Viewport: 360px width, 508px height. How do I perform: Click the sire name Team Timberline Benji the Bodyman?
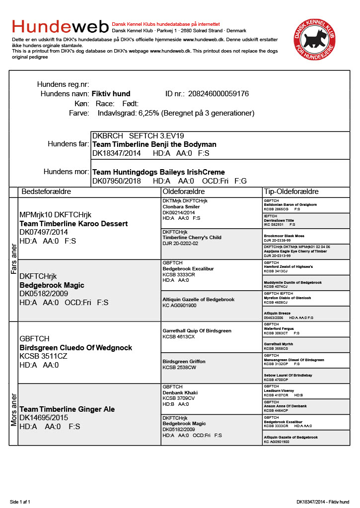tap(154, 144)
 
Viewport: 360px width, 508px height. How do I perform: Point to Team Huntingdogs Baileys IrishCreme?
tap(158, 172)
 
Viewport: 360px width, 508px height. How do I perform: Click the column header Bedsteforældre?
tap(46, 191)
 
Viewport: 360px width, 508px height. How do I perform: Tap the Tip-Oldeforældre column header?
tap(291, 191)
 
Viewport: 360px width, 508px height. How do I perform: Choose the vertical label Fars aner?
tap(13, 259)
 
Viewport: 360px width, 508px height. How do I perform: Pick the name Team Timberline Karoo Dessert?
tap(73, 224)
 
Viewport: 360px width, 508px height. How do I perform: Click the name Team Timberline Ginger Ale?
tap(67, 409)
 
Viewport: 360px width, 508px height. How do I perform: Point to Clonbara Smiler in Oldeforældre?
tap(181, 207)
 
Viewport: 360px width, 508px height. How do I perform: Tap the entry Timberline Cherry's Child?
tap(192, 238)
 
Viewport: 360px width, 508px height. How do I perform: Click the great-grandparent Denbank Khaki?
tap(180, 392)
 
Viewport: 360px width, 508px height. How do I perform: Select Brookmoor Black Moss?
tap(285, 236)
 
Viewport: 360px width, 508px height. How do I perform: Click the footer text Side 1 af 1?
tap(20, 502)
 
